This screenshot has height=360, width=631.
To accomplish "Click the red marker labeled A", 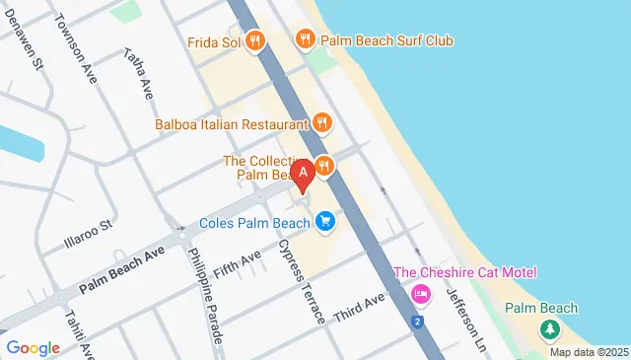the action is point(305,172).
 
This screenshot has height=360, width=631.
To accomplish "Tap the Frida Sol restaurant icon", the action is point(255,40).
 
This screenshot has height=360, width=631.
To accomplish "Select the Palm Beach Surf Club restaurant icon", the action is point(306,39).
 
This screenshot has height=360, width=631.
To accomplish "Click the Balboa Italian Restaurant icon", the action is point(322,123).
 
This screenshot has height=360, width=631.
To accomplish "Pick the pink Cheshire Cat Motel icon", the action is point(421,294).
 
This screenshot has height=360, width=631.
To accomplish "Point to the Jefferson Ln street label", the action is point(466,322).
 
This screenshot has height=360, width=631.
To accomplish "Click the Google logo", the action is point(33,347).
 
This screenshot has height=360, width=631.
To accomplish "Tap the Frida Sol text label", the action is point(214,41).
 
